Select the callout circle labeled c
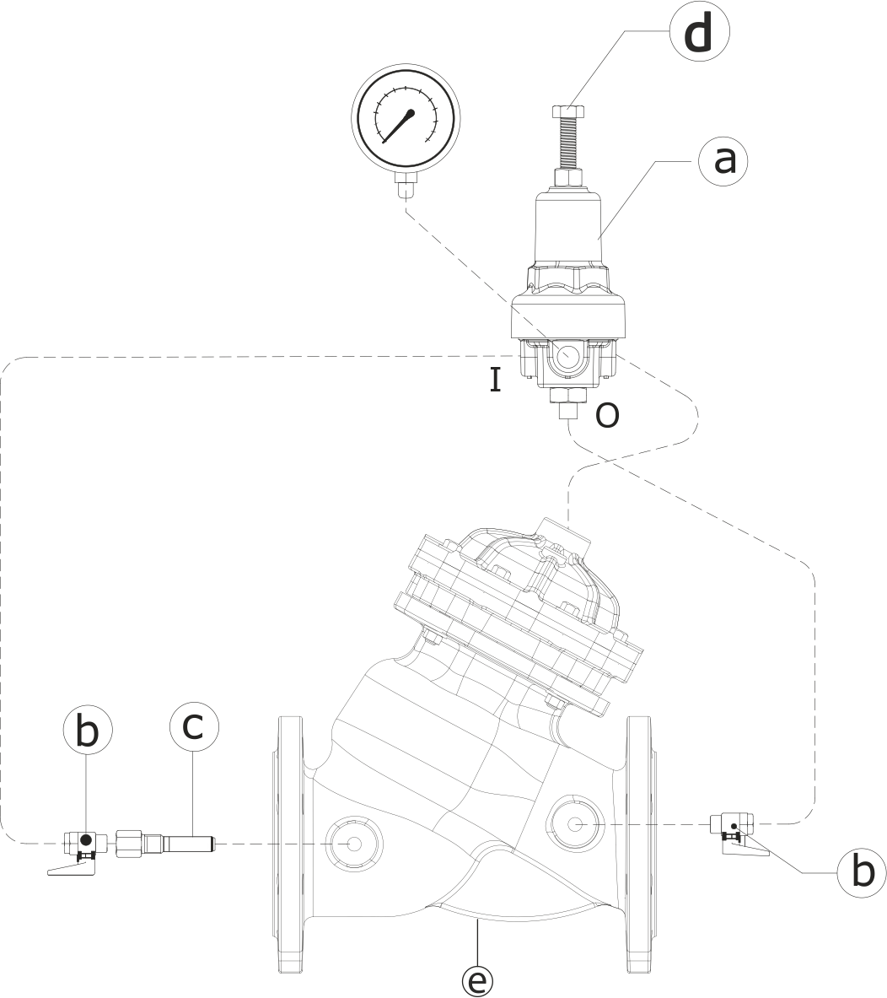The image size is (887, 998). click(x=193, y=726)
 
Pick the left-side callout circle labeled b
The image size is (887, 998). click(x=88, y=731)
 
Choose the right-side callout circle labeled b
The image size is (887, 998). click(x=862, y=871)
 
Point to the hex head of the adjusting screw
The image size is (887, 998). click(x=569, y=111)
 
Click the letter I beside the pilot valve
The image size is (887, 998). click(x=496, y=380)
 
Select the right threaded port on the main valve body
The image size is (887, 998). click(x=576, y=823)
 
